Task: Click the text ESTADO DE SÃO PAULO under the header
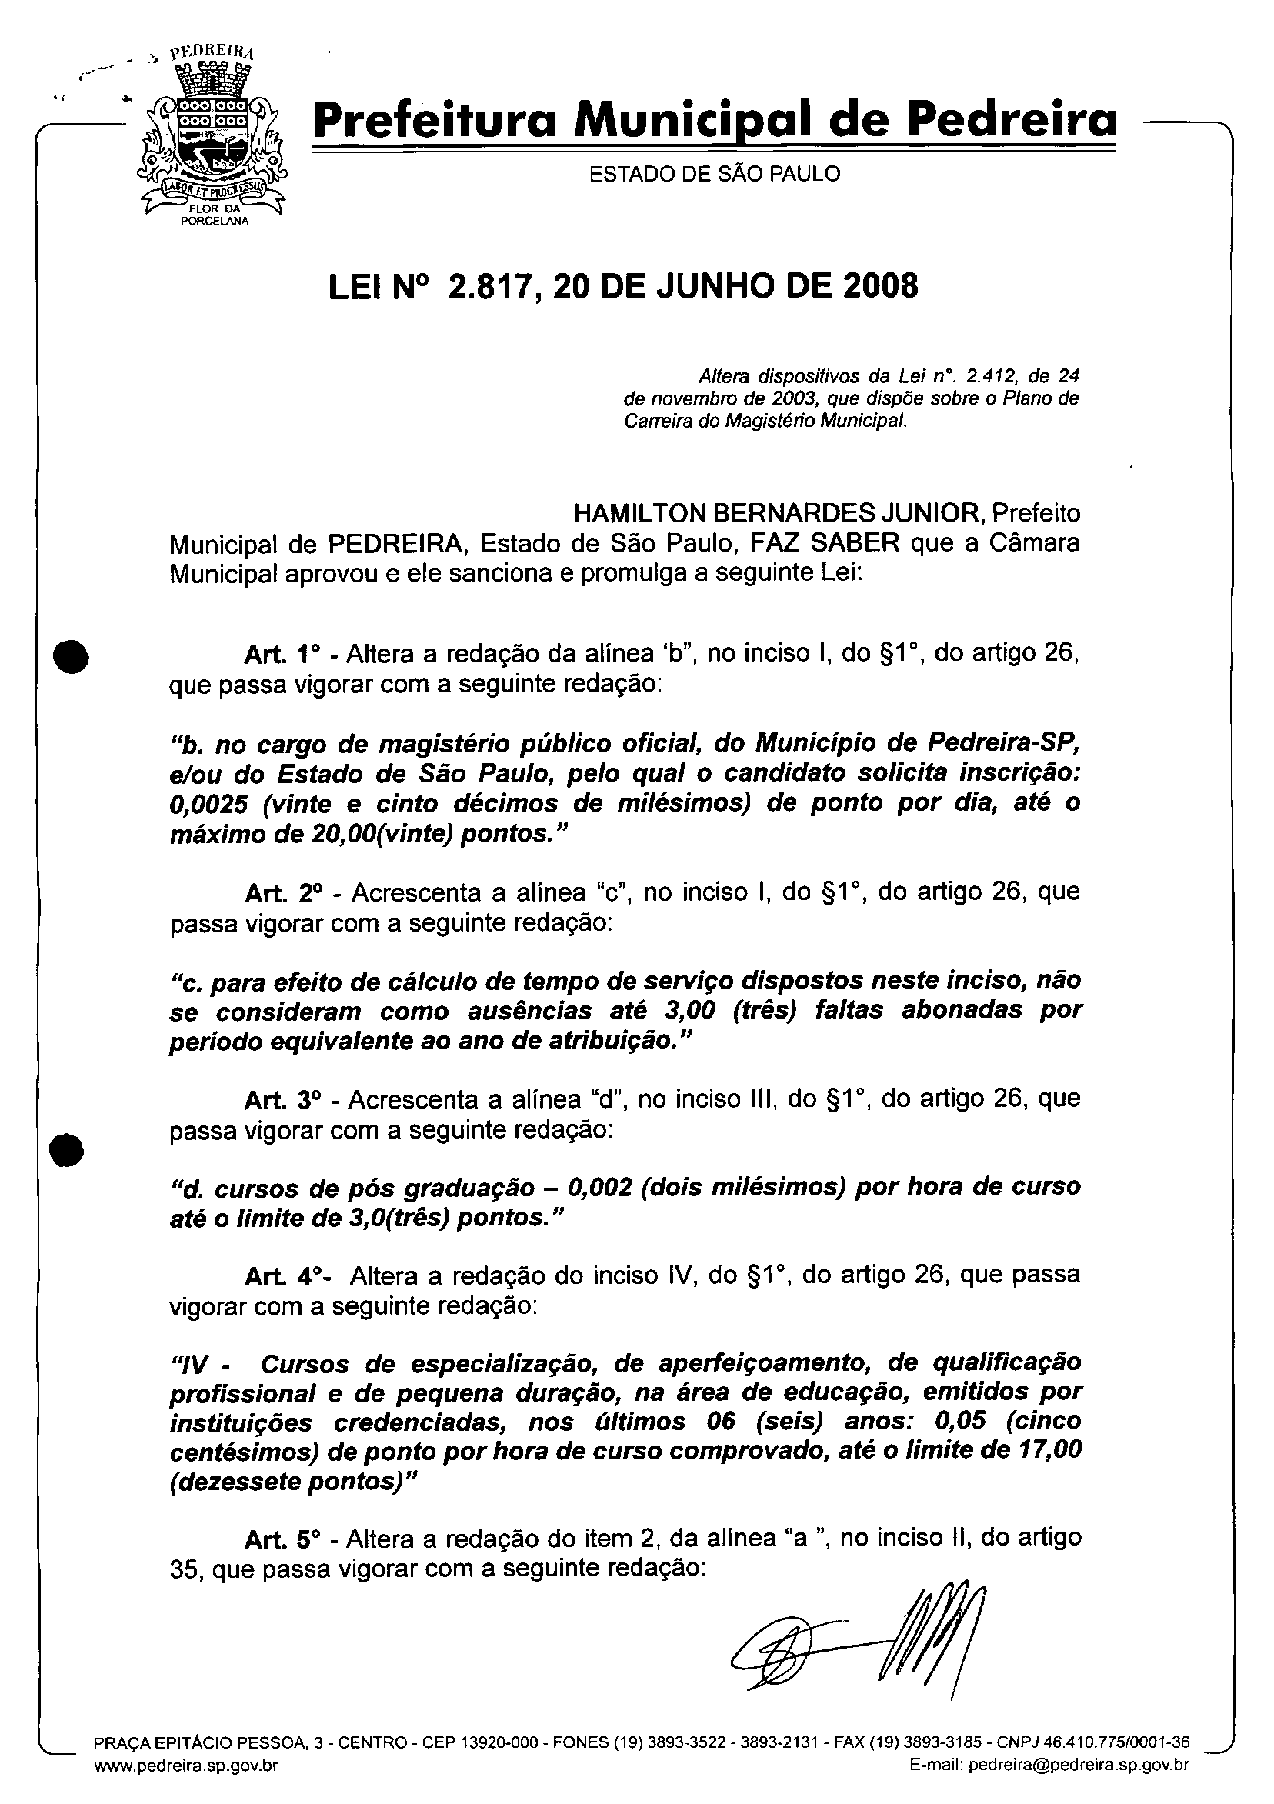(715, 174)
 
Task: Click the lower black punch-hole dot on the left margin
(66, 1152)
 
